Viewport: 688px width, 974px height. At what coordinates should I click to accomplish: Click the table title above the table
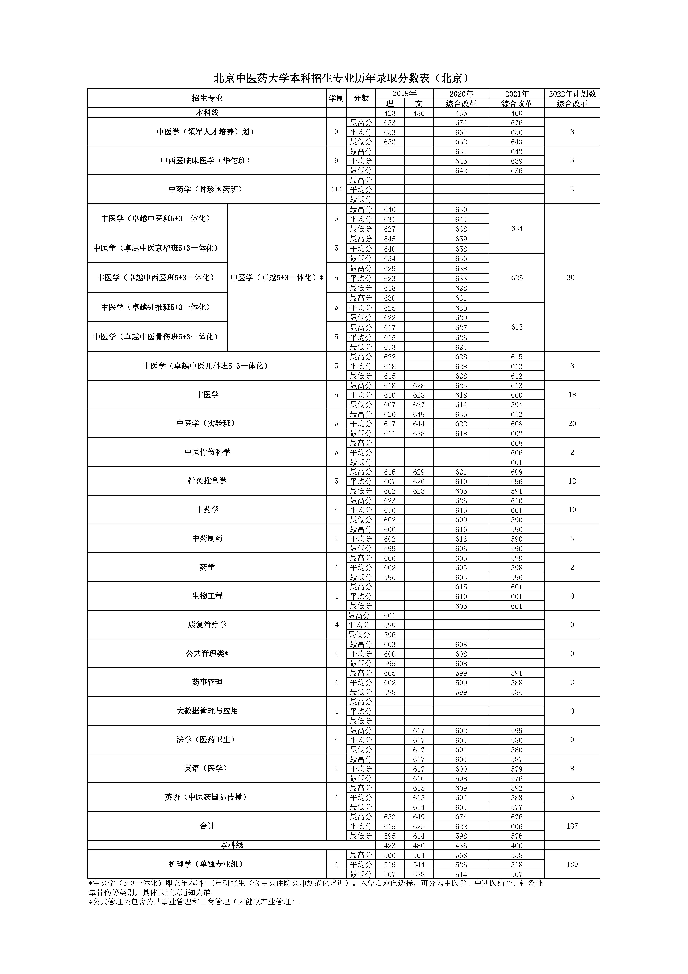[343, 78]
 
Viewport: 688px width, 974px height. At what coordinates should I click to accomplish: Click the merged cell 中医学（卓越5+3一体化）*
[277, 278]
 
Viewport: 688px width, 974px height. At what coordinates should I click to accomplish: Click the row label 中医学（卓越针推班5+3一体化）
[157, 307]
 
